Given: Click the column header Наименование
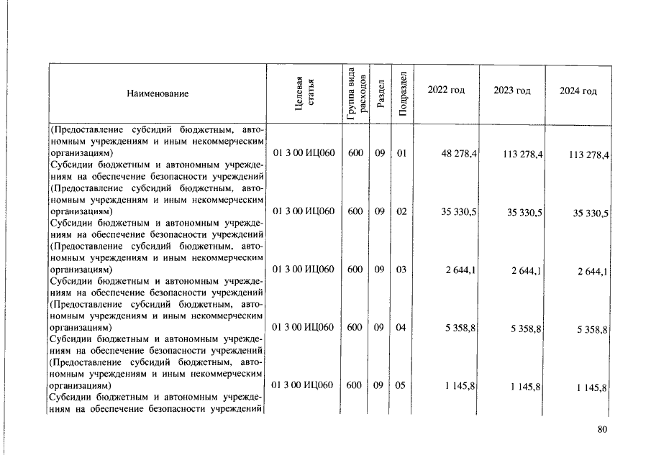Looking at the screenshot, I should pyautogui.click(x=158, y=94).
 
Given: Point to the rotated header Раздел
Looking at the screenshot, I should pyautogui.click(x=381, y=94).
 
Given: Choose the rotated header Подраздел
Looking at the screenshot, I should pyautogui.click(x=403, y=94).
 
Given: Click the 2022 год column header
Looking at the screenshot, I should pyautogui.click(x=446, y=91).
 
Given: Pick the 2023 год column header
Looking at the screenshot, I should pyautogui.click(x=512, y=91).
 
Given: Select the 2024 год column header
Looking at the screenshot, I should pyautogui.click(x=578, y=91).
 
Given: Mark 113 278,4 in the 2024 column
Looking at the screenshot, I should pyautogui.click(x=588, y=155).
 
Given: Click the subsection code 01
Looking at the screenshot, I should pyautogui.click(x=401, y=153).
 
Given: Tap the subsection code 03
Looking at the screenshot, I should pyautogui.click(x=401, y=270).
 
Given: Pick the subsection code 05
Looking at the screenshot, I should pyautogui.click(x=401, y=385).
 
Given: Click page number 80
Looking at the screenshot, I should pyautogui.click(x=602, y=430).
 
